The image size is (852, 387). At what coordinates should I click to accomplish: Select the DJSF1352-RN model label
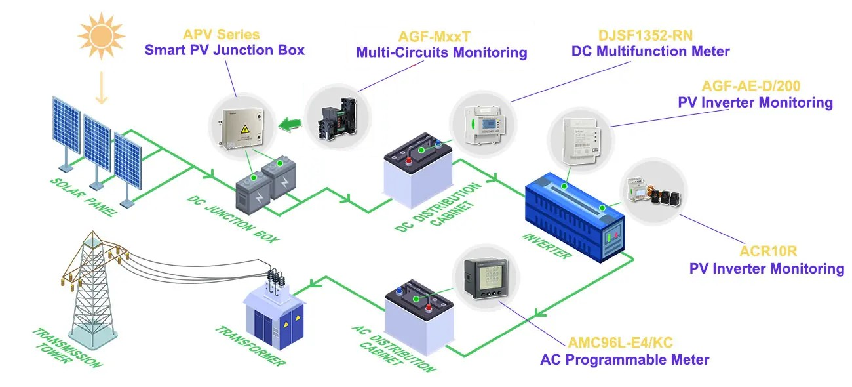650,34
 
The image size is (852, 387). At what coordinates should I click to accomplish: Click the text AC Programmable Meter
625,359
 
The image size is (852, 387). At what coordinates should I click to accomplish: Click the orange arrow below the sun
100,88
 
